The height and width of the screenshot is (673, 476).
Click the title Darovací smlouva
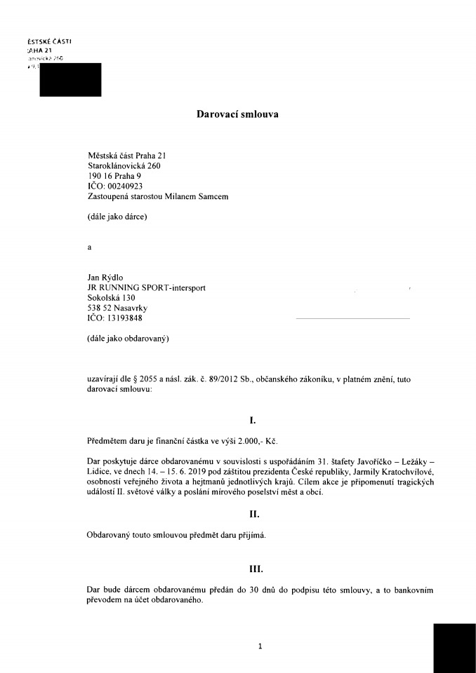(237, 114)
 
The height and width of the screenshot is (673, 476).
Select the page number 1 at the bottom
(260, 646)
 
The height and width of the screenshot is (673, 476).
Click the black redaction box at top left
(71, 79)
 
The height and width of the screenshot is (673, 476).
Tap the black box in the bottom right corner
(454, 648)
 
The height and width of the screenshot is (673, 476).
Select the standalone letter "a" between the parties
(88, 247)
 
